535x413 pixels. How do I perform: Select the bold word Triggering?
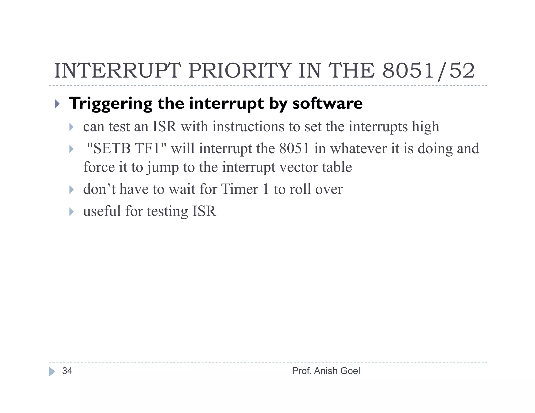(110, 104)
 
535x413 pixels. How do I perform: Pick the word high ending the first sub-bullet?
(426, 127)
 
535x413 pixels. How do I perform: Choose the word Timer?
(239, 189)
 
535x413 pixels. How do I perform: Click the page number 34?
(67, 371)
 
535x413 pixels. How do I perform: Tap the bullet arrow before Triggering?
(57, 104)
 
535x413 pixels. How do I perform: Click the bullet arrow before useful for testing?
(71, 211)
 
